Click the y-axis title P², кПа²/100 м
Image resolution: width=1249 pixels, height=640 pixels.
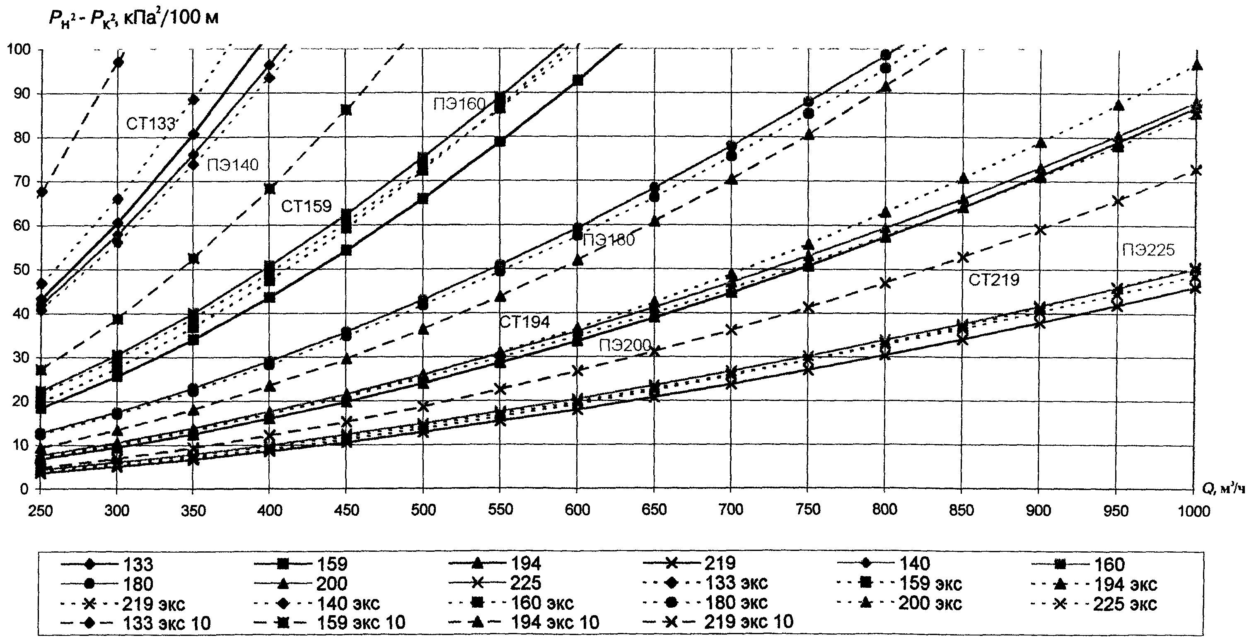click(x=133, y=18)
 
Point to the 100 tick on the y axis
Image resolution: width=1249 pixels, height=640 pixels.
click(x=18, y=49)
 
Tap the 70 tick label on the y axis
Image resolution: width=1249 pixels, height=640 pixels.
click(x=20, y=182)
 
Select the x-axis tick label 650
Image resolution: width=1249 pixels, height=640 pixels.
click(x=654, y=510)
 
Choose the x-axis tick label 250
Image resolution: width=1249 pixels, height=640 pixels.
click(x=40, y=510)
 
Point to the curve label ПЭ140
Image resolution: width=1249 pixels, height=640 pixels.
click(x=233, y=165)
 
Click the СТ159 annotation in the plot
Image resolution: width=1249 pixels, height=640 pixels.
click(x=307, y=207)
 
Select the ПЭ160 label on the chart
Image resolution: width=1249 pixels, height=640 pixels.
click(x=460, y=104)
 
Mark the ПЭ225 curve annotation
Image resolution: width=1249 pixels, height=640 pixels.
click(x=1148, y=250)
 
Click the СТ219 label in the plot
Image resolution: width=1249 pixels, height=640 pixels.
click(x=994, y=280)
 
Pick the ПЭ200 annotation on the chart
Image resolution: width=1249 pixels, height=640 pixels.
click(x=625, y=346)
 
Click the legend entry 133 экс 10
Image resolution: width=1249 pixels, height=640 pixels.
click(x=136, y=623)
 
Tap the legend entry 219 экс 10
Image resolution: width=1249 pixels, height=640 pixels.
click(x=718, y=622)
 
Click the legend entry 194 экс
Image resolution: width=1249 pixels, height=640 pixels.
click(x=1094, y=584)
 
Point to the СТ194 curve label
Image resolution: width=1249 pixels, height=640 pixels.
click(x=524, y=322)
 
